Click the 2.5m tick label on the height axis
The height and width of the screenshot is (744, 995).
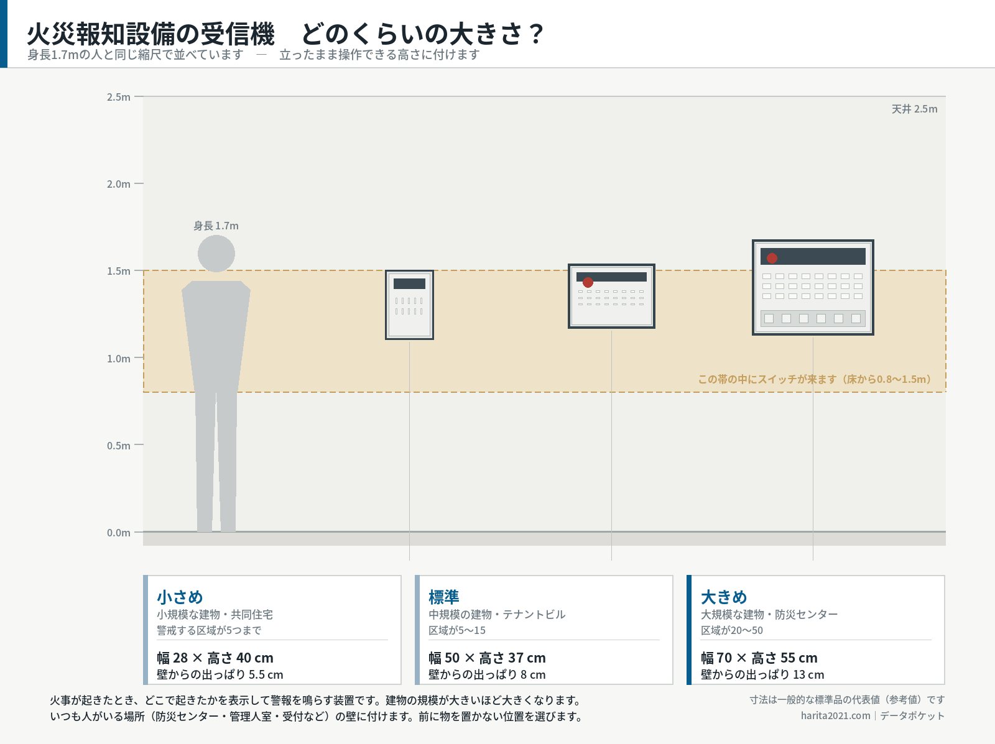118,97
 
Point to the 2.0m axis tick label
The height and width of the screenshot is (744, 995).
118,184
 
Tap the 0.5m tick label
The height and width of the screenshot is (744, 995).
118,446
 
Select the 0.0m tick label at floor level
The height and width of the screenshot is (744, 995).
118,533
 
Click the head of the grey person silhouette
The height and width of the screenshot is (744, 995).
216,254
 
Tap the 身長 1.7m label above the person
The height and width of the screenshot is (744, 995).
216,226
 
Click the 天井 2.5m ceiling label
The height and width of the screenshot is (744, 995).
914,109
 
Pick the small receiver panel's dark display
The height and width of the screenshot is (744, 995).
409,283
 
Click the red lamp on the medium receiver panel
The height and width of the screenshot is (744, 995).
588,282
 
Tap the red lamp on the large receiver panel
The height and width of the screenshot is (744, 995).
772,258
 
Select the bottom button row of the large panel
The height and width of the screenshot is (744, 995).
813,318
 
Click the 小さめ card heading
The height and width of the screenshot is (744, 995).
180,597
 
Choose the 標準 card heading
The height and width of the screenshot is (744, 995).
444,597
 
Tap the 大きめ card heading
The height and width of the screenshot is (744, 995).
724,597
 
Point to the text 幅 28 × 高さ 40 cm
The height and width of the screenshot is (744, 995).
215,658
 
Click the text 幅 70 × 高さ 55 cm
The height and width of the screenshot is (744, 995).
759,658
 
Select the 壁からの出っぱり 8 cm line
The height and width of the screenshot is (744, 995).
487,674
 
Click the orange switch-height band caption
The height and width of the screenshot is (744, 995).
815,379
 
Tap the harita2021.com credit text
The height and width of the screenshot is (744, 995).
835,716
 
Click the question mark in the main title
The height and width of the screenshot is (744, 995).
536,34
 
